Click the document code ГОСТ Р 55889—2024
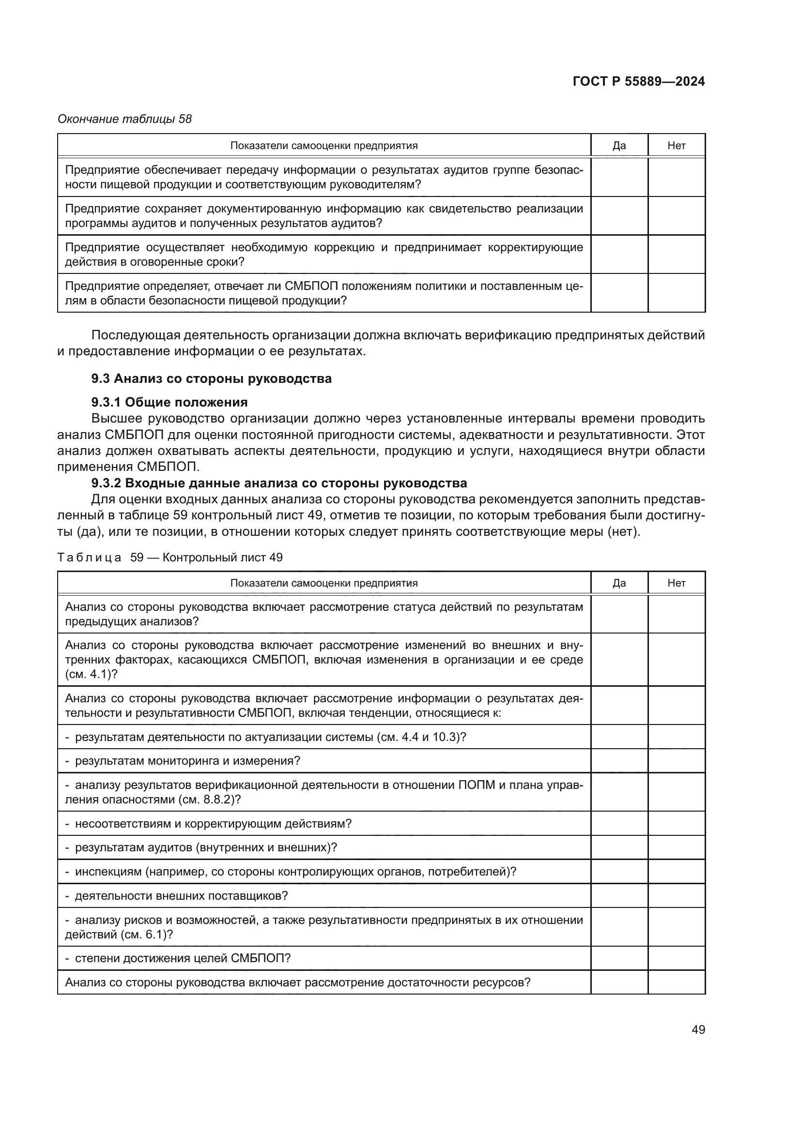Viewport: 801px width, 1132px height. (x=639, y=81)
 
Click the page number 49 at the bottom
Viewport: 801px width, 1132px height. (x=698, y=1029)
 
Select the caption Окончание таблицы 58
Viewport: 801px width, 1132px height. (x=124, y=119)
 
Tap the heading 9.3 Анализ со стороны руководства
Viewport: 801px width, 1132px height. (x=211, y=378)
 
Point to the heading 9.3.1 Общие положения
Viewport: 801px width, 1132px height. (x=169, y=402)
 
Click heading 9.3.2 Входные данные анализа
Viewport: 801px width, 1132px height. (x=278, y=483)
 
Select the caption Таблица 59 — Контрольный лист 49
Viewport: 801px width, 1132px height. (x=169, y=558)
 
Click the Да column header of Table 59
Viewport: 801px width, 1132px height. (x=619, y=583)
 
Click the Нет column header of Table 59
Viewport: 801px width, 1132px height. (x=676, y=583)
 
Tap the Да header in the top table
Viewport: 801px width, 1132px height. (x=619, y=146)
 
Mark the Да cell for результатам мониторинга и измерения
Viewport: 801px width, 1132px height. (x=619, y=761)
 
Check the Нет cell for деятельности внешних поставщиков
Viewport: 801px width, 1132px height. (x=676, y=896)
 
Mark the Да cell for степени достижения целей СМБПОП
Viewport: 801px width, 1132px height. (x=619, y=958)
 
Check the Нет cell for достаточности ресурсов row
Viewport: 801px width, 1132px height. (x=676, y=982)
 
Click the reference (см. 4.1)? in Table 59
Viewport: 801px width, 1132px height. (x=91, y=674)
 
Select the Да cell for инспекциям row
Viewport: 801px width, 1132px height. (x=619, y=872)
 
